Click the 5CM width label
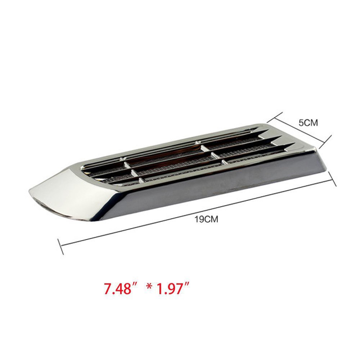[309, 123]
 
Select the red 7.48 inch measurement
[117, 289]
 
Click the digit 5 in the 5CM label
[301, 123]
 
